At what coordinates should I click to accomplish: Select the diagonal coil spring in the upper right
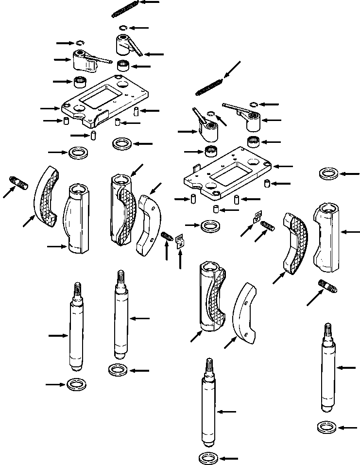pos(209,86)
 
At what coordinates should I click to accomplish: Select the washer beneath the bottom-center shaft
pos(209,458)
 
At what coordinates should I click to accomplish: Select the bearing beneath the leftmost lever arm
pos(80,82)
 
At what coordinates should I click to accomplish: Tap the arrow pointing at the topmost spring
pos(150,2)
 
